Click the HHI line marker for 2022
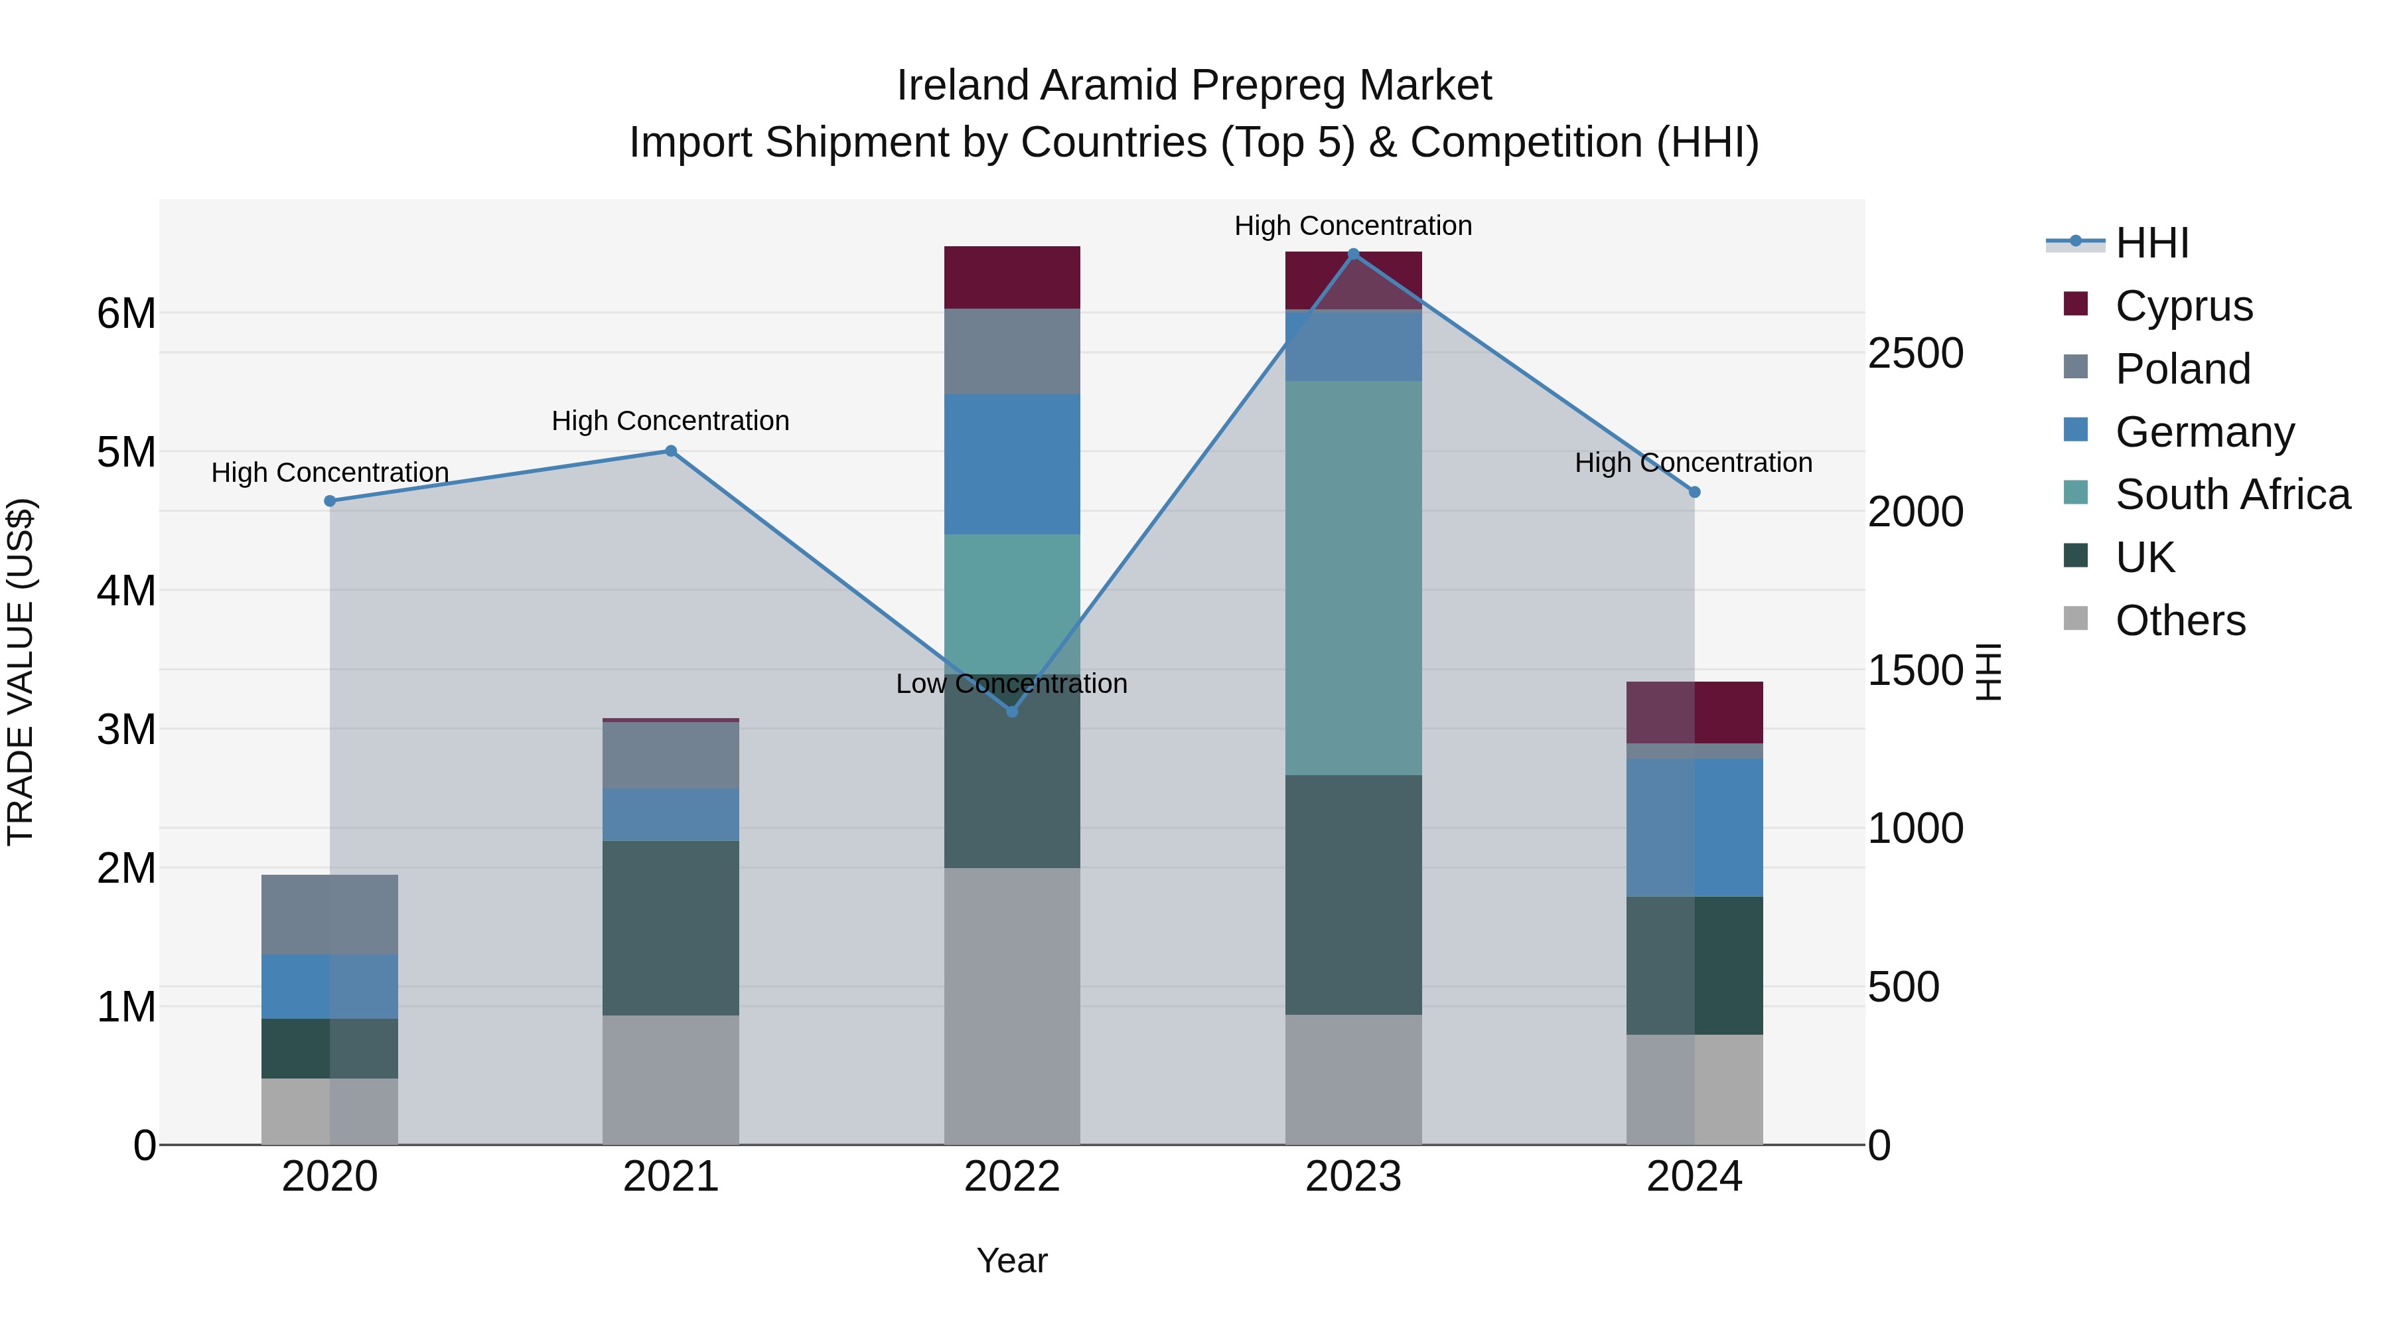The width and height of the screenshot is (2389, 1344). click(1012, 711)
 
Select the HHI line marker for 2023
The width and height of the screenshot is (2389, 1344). click(1353, 254)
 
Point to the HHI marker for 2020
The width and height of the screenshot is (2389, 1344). click(330, 501)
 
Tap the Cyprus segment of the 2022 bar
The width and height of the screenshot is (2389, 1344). click(1012, 277)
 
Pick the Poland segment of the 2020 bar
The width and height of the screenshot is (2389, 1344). click(330, 914)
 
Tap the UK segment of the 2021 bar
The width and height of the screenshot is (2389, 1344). click(670, 928)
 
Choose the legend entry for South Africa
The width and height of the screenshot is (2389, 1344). click(2232, 494)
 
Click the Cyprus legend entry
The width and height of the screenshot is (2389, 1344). click(2183, 306)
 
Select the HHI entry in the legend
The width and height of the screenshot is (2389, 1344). click(2151, 243)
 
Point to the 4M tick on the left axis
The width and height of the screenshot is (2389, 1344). click(126, 591)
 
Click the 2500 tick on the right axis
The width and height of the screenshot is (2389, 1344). click(1915, 353)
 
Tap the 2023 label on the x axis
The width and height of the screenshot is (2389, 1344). click(1353, 1177)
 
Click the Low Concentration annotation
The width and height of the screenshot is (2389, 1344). click(1012, 684)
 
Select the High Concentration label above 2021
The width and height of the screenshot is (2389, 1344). click(670, 420)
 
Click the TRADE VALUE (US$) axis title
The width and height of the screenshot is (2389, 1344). click(21, 672)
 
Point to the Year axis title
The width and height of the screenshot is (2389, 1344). click(1012, 1260)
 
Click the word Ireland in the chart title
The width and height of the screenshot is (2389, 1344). click(964, 86)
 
